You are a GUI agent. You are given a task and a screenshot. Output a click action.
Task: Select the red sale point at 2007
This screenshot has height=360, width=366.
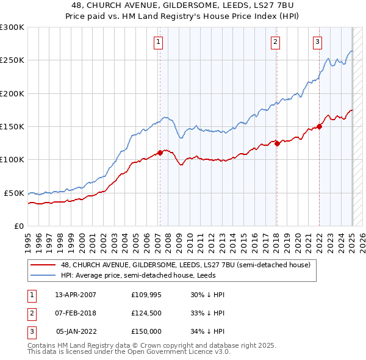pos(160,153)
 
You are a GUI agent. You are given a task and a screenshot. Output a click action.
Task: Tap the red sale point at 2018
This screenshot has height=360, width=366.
pos(277,143)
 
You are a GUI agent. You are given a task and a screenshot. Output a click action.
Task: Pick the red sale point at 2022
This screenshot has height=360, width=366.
pos(319,126)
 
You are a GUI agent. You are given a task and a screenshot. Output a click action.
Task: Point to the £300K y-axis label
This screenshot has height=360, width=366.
pos(12,27)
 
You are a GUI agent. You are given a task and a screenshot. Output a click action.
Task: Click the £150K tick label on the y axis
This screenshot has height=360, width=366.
pos(12,126)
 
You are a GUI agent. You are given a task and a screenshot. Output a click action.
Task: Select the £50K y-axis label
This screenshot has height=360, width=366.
pos(14,193)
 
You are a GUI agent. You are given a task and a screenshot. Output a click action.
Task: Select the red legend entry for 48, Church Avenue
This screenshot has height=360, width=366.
pos(185,265)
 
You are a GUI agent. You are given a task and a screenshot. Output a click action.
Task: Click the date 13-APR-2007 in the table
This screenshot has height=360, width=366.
pos(76,295)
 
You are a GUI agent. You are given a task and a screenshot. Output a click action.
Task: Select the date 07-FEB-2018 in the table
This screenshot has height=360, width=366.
pos(76,313)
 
